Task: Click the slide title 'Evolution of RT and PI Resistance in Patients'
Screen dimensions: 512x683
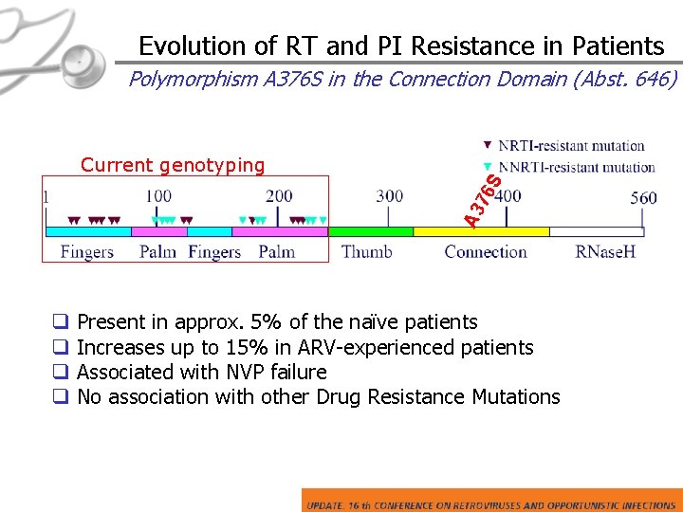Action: [x=401, y=46]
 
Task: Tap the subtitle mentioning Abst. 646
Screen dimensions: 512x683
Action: [x=403, y=79]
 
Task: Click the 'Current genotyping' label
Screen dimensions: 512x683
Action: [x=173, y=165]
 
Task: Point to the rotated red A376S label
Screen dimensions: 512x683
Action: [x=483, y=201]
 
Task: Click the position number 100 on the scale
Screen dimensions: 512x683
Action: [x=158, y=196]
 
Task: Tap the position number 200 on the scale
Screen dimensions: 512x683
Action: [x=279, y=196]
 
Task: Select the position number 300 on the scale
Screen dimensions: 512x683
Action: [x=389, y=196]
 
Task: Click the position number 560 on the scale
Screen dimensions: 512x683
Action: [x=643, y=197]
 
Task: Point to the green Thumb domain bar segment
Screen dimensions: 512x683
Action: [x=370, y=231]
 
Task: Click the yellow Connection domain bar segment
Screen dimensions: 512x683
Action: [x=481, y=231]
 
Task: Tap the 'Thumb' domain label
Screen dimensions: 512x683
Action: [x=367, y=252]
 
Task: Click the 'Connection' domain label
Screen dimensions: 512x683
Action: [x=485, y=252]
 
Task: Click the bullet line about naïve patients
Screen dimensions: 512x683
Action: [x=276, y=322]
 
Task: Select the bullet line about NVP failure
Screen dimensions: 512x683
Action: [x=201, y=372]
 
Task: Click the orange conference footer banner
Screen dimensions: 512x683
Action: [x=490, y=501]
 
